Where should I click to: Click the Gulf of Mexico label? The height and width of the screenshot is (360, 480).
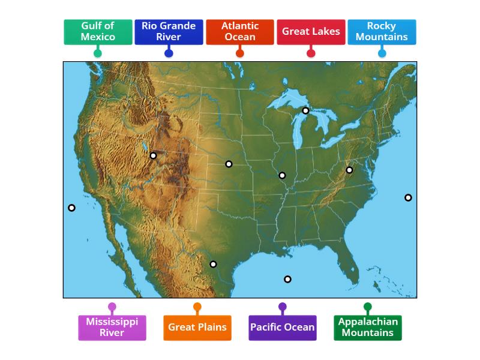coord(98,32)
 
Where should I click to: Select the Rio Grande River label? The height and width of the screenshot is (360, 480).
coord(169,32)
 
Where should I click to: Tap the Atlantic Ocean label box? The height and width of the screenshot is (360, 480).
coord(239,32)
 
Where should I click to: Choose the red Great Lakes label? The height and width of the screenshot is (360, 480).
coord(311,32)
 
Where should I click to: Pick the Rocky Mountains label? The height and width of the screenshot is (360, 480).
coord(382,32)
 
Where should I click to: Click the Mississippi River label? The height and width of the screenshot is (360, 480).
coord(112,328)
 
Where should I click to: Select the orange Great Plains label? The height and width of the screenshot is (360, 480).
coord(197,328)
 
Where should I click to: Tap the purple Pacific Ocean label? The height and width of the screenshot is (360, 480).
coord(283,328)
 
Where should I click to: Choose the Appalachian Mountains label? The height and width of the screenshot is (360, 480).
coord(368,328)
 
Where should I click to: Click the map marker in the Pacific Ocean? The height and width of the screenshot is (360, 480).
coord(72,208)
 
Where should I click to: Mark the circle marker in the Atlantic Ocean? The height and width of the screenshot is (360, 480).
coord(408,197)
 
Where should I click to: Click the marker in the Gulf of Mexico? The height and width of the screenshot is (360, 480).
coord(287,279)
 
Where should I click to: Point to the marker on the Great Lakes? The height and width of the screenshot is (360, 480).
coord(305,110)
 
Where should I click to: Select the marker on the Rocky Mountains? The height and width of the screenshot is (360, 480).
coord(153,155)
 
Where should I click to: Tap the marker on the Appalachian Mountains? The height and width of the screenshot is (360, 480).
coord(349,170)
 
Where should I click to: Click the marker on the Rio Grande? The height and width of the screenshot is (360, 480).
coord(213,264)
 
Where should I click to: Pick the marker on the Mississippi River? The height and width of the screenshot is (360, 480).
coord(282,176)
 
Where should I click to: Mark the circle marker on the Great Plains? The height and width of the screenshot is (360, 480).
coord(229,164)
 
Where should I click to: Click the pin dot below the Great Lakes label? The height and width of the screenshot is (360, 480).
coord(311,53)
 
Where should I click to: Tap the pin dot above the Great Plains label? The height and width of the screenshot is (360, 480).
coord(197,307)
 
